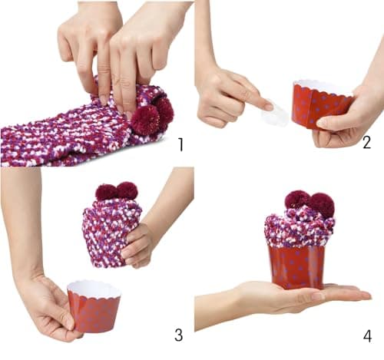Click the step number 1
tap(181, 144)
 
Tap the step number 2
tap(366, 143)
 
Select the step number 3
tap(179, 335)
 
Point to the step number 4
tap(367, 335)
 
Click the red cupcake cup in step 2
tap(320, 105)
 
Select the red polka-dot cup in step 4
tap(297, 267)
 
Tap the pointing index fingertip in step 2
tap(267, 105)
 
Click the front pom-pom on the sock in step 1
tap(146, 120)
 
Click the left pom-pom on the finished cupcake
tap(297, 199)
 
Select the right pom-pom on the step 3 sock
tap(127, 190)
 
